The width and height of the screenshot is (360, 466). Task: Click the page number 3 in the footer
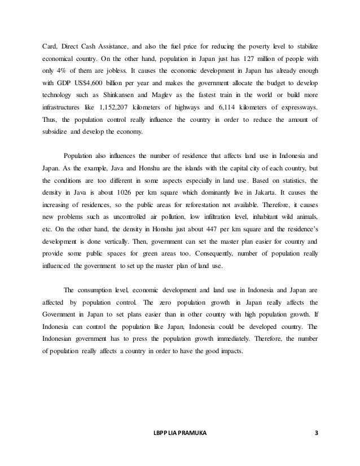[317, 433]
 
